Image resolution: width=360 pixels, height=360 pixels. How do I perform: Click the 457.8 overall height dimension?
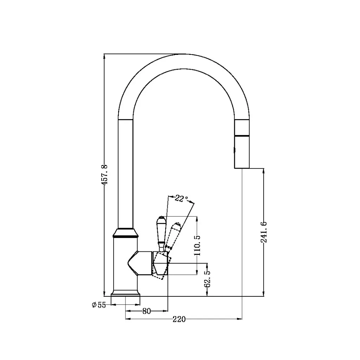click(x=104, y=174)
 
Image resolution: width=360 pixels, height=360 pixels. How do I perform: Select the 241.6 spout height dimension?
click(x=264, y=232)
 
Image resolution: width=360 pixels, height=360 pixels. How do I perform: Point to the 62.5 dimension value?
click(x=207, y=279)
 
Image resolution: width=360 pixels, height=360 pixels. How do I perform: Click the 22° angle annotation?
click(x=181, y=199)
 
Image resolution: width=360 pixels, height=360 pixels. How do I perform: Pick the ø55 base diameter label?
click(x=98, y=305)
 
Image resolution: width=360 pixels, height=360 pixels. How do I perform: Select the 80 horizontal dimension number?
click(x=147, y=311)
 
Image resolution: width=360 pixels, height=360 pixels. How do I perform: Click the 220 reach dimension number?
click(x=179, y=319)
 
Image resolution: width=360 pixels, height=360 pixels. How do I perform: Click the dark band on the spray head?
click(x=242, y=135)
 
